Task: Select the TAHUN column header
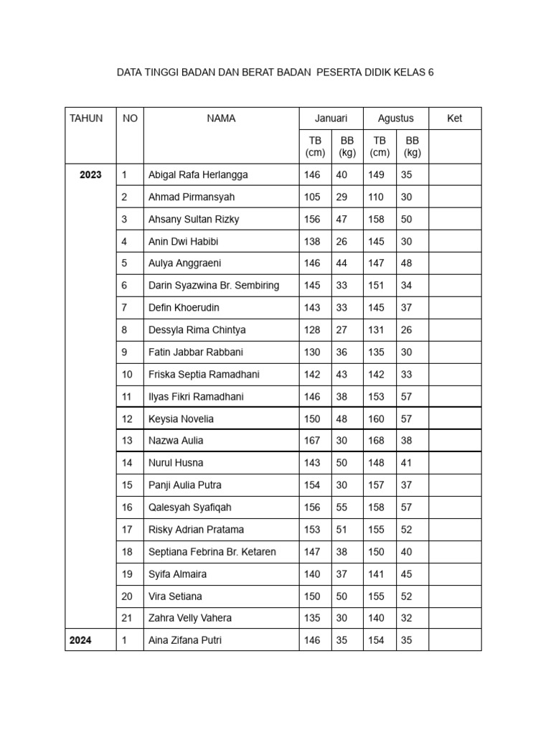(x=86, y=118)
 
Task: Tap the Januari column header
(x=331, y=118)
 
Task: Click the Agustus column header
(x=395, y=118)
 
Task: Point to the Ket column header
(x=455, y=118)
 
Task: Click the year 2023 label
(x=90, y=174)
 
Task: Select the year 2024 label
(x=80, y=640)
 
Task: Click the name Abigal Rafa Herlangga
(x=198, y=174)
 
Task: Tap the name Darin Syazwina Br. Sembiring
(x=213, y=285)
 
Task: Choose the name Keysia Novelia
(x=181, y=418)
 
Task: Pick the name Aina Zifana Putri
(x=184, y=640)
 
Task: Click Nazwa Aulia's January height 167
(x=312, y=441)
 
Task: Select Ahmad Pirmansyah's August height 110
(x=377, y=197)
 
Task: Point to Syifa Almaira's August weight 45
(x=407, y=574)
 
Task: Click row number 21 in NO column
(x=128, y=618)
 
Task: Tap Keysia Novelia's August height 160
(x=377, y=418)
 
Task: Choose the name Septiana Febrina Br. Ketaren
(x=212, y=552)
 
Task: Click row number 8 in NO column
(x=125, y=329)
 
